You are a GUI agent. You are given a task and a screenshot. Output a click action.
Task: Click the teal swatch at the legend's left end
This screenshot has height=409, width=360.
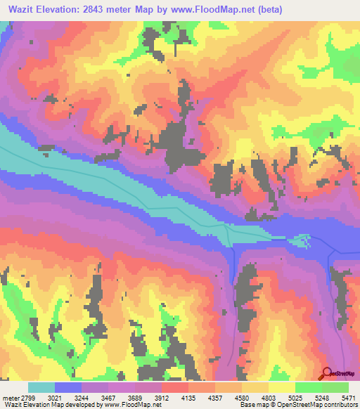tap(41, 387)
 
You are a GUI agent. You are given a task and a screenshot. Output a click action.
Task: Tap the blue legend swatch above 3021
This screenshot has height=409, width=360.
tap(68, 387)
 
